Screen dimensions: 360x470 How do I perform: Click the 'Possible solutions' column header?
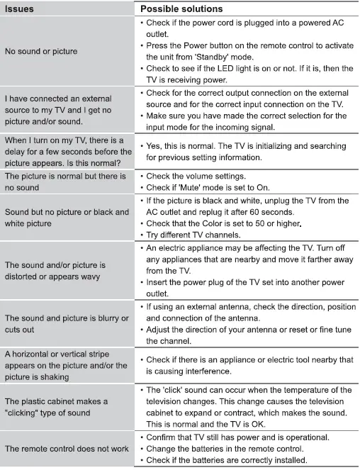(181, 9)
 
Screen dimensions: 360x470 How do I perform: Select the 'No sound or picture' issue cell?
(41, 51)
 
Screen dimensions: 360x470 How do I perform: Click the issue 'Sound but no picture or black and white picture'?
(67, 218)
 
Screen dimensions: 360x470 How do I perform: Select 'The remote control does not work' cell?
(67, 449)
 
